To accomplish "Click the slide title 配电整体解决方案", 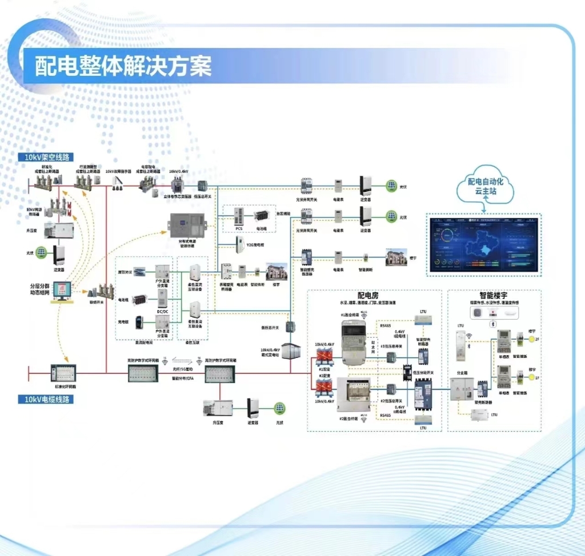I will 123,66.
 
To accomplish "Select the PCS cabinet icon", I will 239,216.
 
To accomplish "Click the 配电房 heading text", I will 368,295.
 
